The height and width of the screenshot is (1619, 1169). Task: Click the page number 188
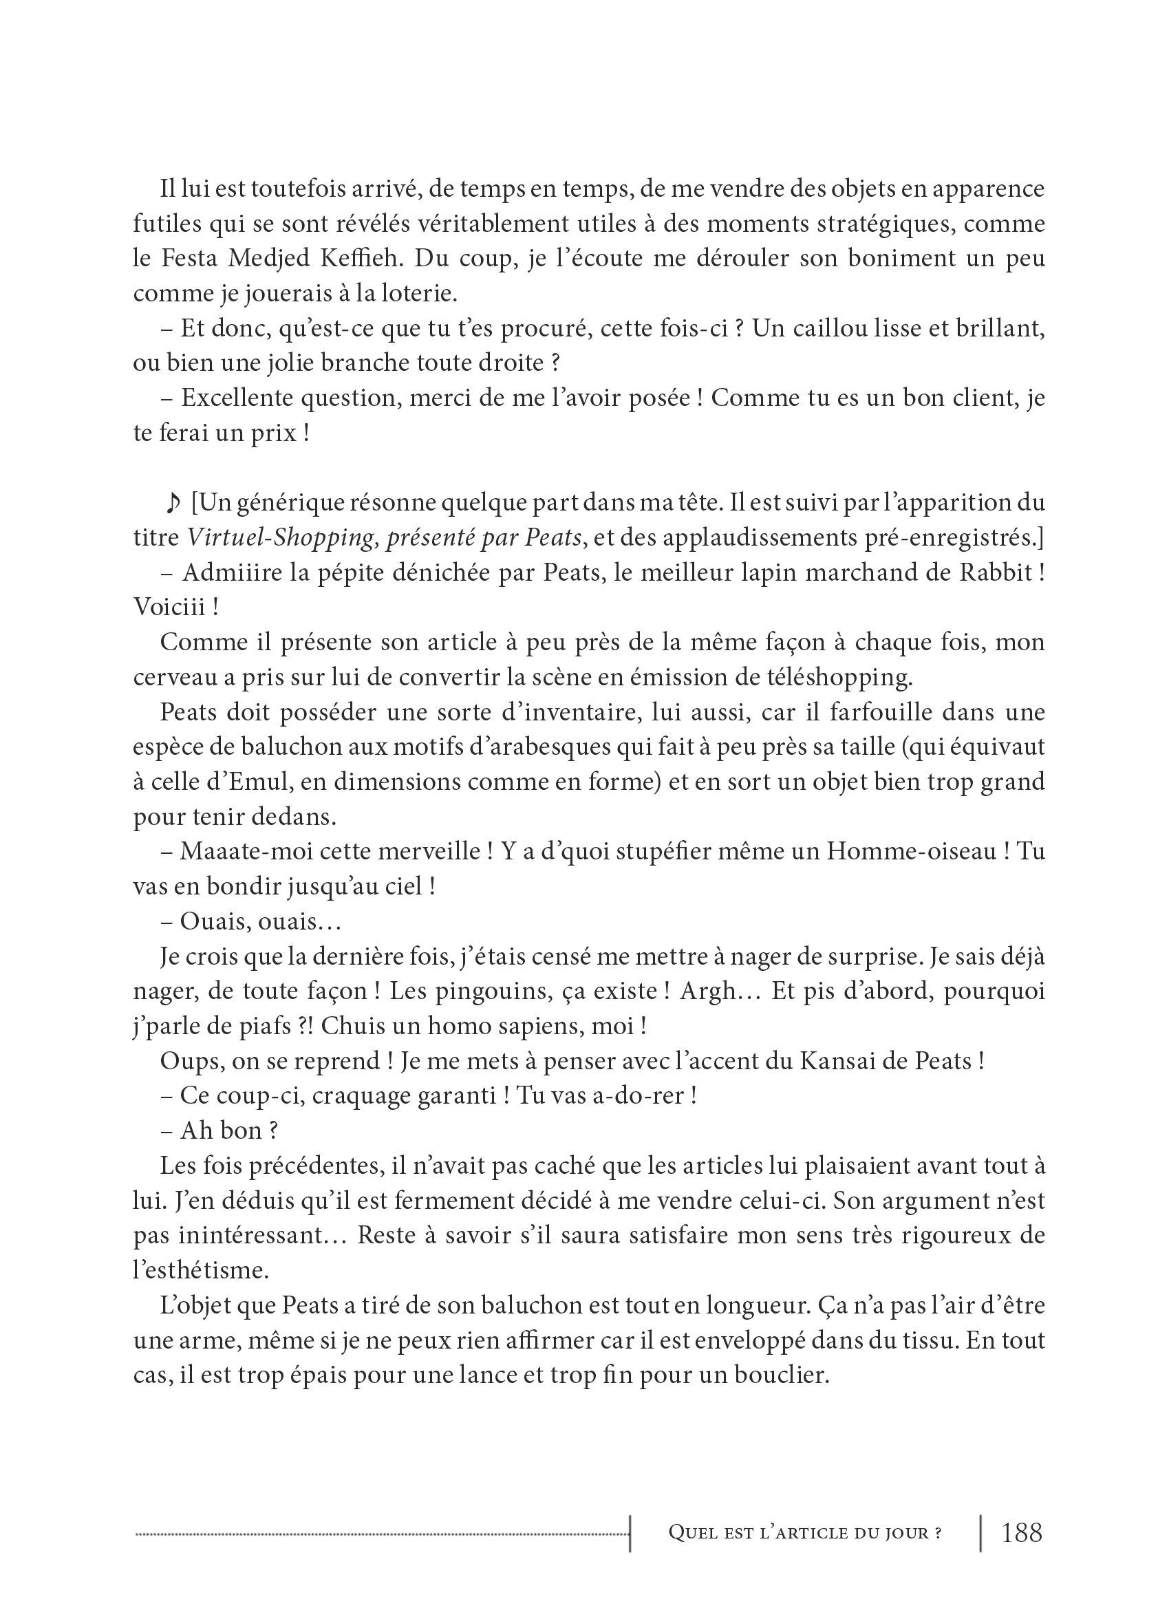tap(1021, 1532)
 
